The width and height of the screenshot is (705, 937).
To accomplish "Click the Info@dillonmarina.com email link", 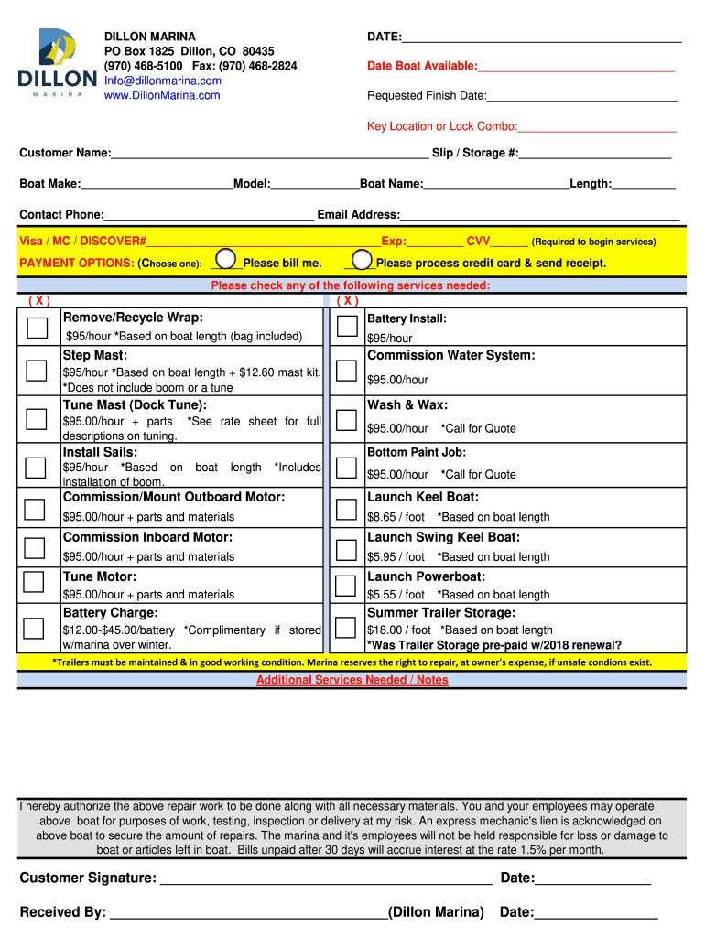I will [x=162, y=81].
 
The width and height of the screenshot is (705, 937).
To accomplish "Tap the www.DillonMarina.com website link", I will [x=161, y=95].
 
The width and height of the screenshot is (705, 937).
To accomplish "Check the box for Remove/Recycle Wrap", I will [x=37, y=328].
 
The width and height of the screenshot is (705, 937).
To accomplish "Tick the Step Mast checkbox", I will [x=37, y=370].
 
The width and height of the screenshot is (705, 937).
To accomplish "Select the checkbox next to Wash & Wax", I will [x=346, y=419].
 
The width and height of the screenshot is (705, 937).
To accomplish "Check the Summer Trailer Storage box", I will [x=346, y=627].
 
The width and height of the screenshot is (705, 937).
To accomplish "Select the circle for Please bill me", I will [x=226, y=260].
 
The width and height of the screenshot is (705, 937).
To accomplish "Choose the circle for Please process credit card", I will [x=362, y=260].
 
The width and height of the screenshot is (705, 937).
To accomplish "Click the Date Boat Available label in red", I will [x=422, y=66].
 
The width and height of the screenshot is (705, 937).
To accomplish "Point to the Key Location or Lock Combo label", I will [x=442, y=126].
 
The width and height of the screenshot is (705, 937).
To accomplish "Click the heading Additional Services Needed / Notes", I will [x=352, y=680].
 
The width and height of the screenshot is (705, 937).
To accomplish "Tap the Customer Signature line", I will [x=325, y=879].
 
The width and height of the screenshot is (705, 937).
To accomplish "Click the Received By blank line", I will [x=247, y=912].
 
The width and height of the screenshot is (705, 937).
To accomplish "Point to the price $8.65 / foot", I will [x=396, y=517].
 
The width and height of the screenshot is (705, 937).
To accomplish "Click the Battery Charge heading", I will [x=110, y=612].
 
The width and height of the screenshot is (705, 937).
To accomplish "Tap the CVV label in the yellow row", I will [x=478, y=242].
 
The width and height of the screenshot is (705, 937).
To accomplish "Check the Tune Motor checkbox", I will [x=34, y=582].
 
